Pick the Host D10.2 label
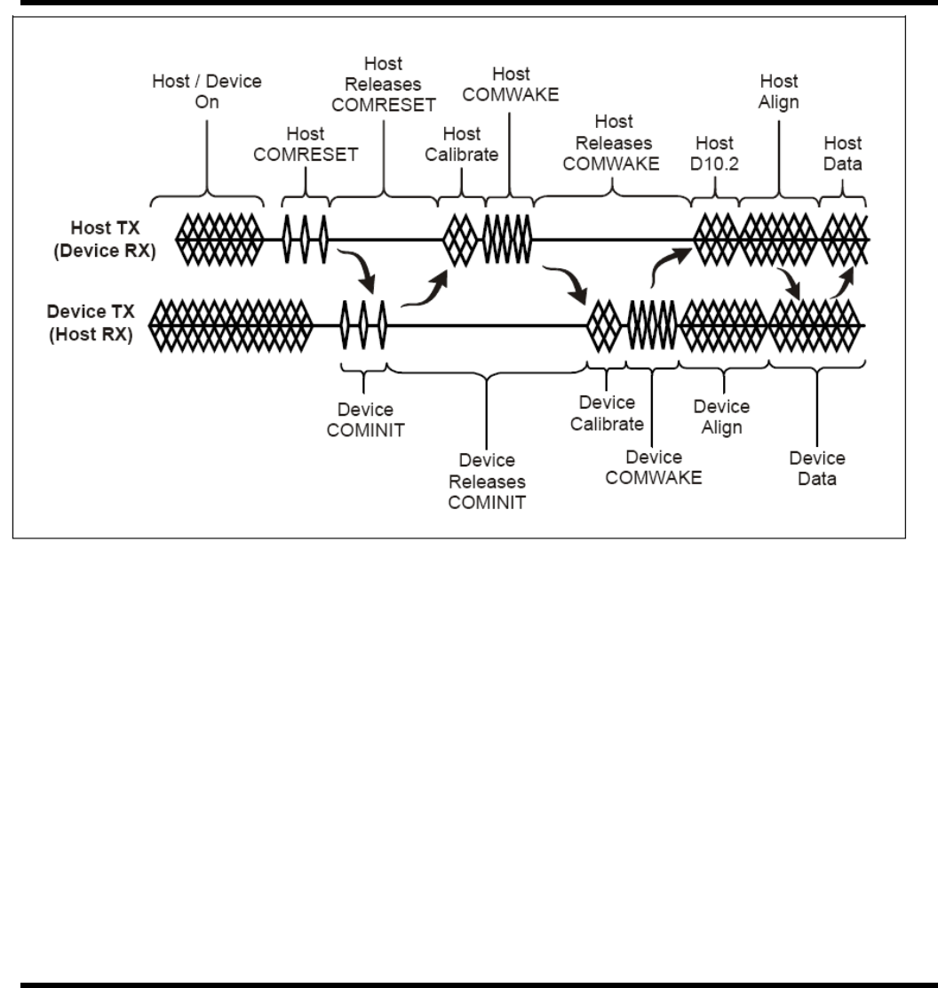[x=714, y=152]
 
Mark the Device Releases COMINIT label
[x=488, y=481]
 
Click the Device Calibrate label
[x=605, y=414]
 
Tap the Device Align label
[x=721, y=417]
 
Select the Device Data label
[x=817, y=468]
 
